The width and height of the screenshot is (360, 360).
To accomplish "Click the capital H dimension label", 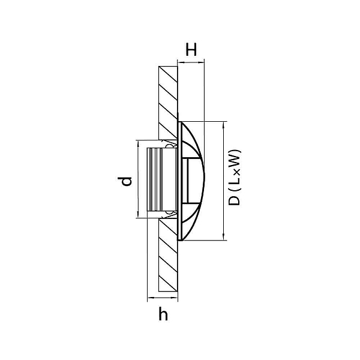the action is (191, 50).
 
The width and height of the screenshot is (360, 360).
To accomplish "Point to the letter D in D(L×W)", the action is (234, 200).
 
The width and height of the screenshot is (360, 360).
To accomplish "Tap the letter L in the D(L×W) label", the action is (234, 181).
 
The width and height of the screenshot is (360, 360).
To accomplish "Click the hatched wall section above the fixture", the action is (168, 103).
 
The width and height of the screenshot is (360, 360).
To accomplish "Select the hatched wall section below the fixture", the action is (168, 255).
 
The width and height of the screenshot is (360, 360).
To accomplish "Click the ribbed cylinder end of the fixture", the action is (155, 179).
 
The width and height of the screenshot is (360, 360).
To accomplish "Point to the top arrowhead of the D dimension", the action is (224, 124).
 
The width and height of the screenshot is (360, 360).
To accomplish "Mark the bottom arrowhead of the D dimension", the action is (224, 238).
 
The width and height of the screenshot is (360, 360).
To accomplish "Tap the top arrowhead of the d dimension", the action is (138, 143).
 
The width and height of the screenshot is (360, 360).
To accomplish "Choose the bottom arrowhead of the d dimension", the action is (138, 215).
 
